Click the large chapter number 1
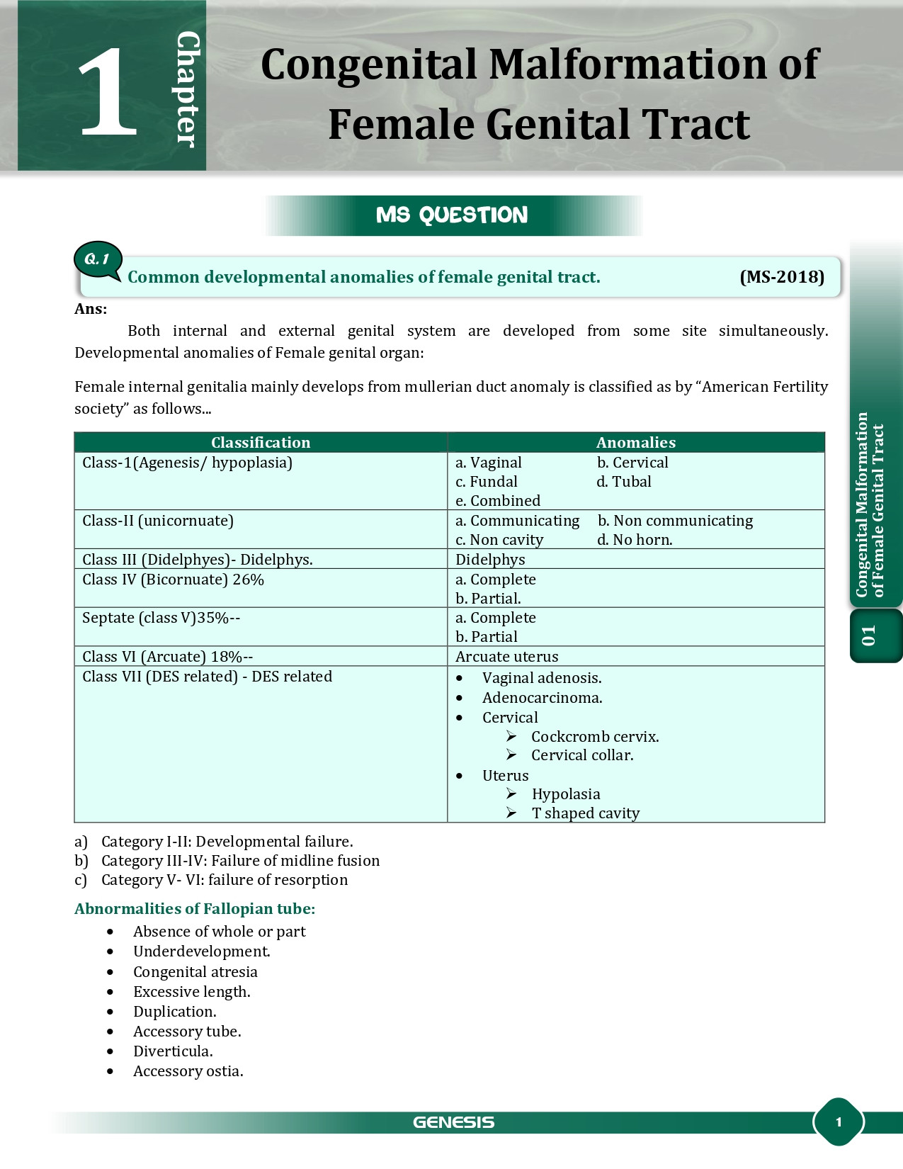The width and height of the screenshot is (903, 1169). point(108,92)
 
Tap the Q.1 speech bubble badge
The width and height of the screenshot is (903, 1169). point(98,259)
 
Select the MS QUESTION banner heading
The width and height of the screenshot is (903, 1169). point(452,215)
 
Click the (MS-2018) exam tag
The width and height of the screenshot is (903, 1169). point(782,277)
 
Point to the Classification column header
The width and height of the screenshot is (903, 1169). point(261,443)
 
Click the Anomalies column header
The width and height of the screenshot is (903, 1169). point(635,443)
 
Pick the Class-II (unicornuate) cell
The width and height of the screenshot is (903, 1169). point(158,521)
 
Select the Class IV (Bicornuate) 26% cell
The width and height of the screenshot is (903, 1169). point(173,580)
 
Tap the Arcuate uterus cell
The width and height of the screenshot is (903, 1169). point(506,657)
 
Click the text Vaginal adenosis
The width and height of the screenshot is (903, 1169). point(542,678)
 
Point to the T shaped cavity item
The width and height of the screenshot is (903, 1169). point(585,813)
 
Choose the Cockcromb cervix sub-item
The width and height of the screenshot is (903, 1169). point(594,737)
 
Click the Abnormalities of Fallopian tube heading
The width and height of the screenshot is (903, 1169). point(195,909)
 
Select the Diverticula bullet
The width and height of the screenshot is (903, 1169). point(173,1051)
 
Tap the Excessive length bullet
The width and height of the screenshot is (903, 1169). point(191,992)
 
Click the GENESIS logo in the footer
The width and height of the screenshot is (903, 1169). point(453,1122)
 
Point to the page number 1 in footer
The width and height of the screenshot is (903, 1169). point(839,1122)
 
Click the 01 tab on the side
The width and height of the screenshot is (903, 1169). point(869,636)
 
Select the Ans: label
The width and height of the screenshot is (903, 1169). point(91,309)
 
